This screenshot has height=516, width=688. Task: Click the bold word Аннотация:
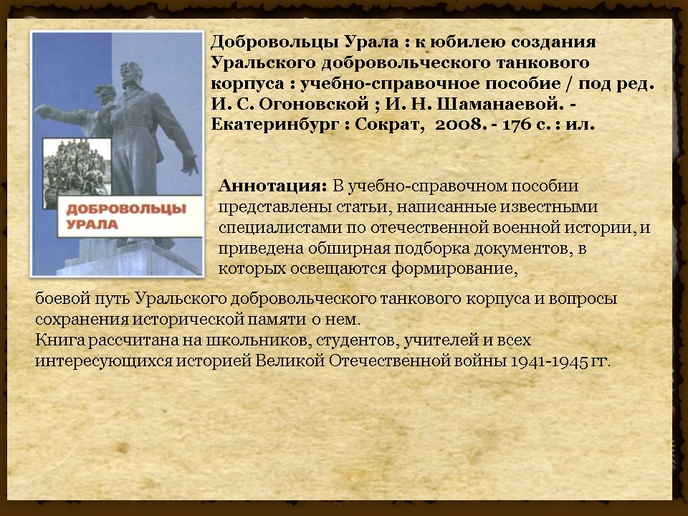(x=272, y=186)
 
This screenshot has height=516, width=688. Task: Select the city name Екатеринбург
(x=274, y=125)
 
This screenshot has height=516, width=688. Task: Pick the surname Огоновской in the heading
(x=314, y=105)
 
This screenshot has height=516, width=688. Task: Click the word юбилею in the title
(x=463, y=42)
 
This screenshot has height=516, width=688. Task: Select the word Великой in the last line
(x=290, y=360)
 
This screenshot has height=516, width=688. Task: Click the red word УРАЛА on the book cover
(x=92, y=224)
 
